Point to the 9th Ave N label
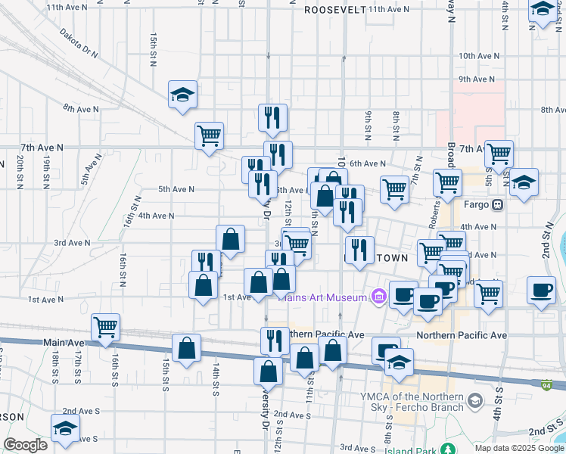(x=477, y=79)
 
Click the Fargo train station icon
(x=497, y=204)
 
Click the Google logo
(x=25, y=445)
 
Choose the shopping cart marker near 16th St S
(x=105, y=327)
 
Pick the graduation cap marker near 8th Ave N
(x=182, y=95)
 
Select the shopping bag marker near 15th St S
(x=186, y=348)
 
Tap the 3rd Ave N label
(x=72, y=243)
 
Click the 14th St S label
(x=216, y=378)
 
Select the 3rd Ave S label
(x=358, y=449)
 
